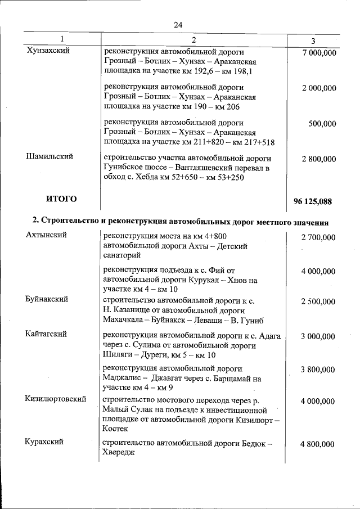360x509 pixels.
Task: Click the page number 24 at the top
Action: tap(178, 25)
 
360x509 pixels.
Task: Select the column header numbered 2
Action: tap(193, 39)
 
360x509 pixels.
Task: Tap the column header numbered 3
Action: tap(313, 40)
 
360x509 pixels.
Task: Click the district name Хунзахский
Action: tap(48, 51)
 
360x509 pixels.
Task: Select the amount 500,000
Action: tap(322, 124)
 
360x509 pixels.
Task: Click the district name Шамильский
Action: tap(50, 157)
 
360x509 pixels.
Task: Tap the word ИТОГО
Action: tap(61, 199)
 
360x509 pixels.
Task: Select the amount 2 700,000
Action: tap(318, 238)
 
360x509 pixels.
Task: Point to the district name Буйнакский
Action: tap(47, 299)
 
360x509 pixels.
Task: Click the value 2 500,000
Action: tap(318, 302)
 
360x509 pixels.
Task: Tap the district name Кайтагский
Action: tap(47, 334)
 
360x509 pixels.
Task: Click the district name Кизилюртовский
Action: tap(55, 399)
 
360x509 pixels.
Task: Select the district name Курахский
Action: tap(44, 442)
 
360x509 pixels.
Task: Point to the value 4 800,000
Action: tap(318, 444)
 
